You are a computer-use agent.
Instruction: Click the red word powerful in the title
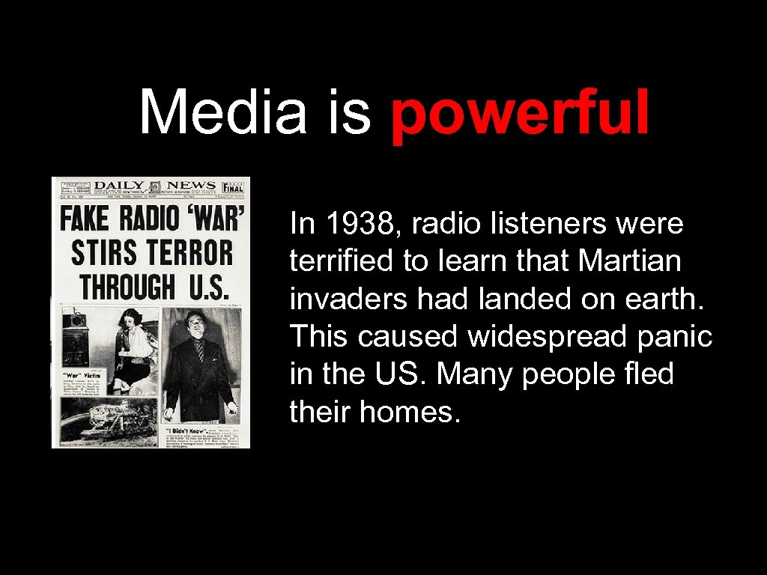tap(520, 113)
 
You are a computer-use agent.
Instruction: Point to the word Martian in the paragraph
tap(630, 261)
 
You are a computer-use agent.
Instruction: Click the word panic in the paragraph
tap(676, 336)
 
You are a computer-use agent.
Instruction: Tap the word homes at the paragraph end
tap(421, 411)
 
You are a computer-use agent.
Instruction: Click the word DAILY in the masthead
tap(119, 186)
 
